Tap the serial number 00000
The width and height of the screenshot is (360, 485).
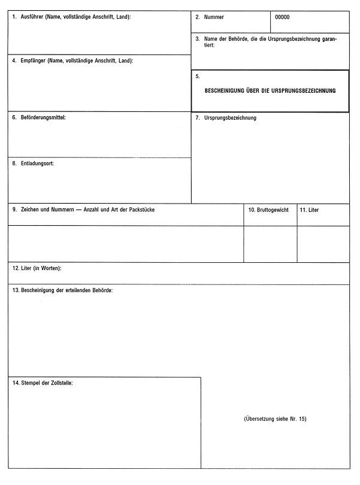[x=282, y=17]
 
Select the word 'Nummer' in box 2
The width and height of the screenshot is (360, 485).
[x=214, y=17]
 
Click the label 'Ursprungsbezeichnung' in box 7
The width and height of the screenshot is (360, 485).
[x=230, y=118]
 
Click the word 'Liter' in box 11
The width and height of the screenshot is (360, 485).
[x=313, y=210]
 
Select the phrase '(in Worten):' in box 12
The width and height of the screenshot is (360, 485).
[x=49, y=268]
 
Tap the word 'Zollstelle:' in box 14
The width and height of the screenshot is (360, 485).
[x=60, y=382]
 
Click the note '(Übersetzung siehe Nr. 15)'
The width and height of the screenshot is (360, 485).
[x=275, y=419]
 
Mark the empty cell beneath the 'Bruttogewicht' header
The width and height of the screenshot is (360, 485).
[x=270, y=244]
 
